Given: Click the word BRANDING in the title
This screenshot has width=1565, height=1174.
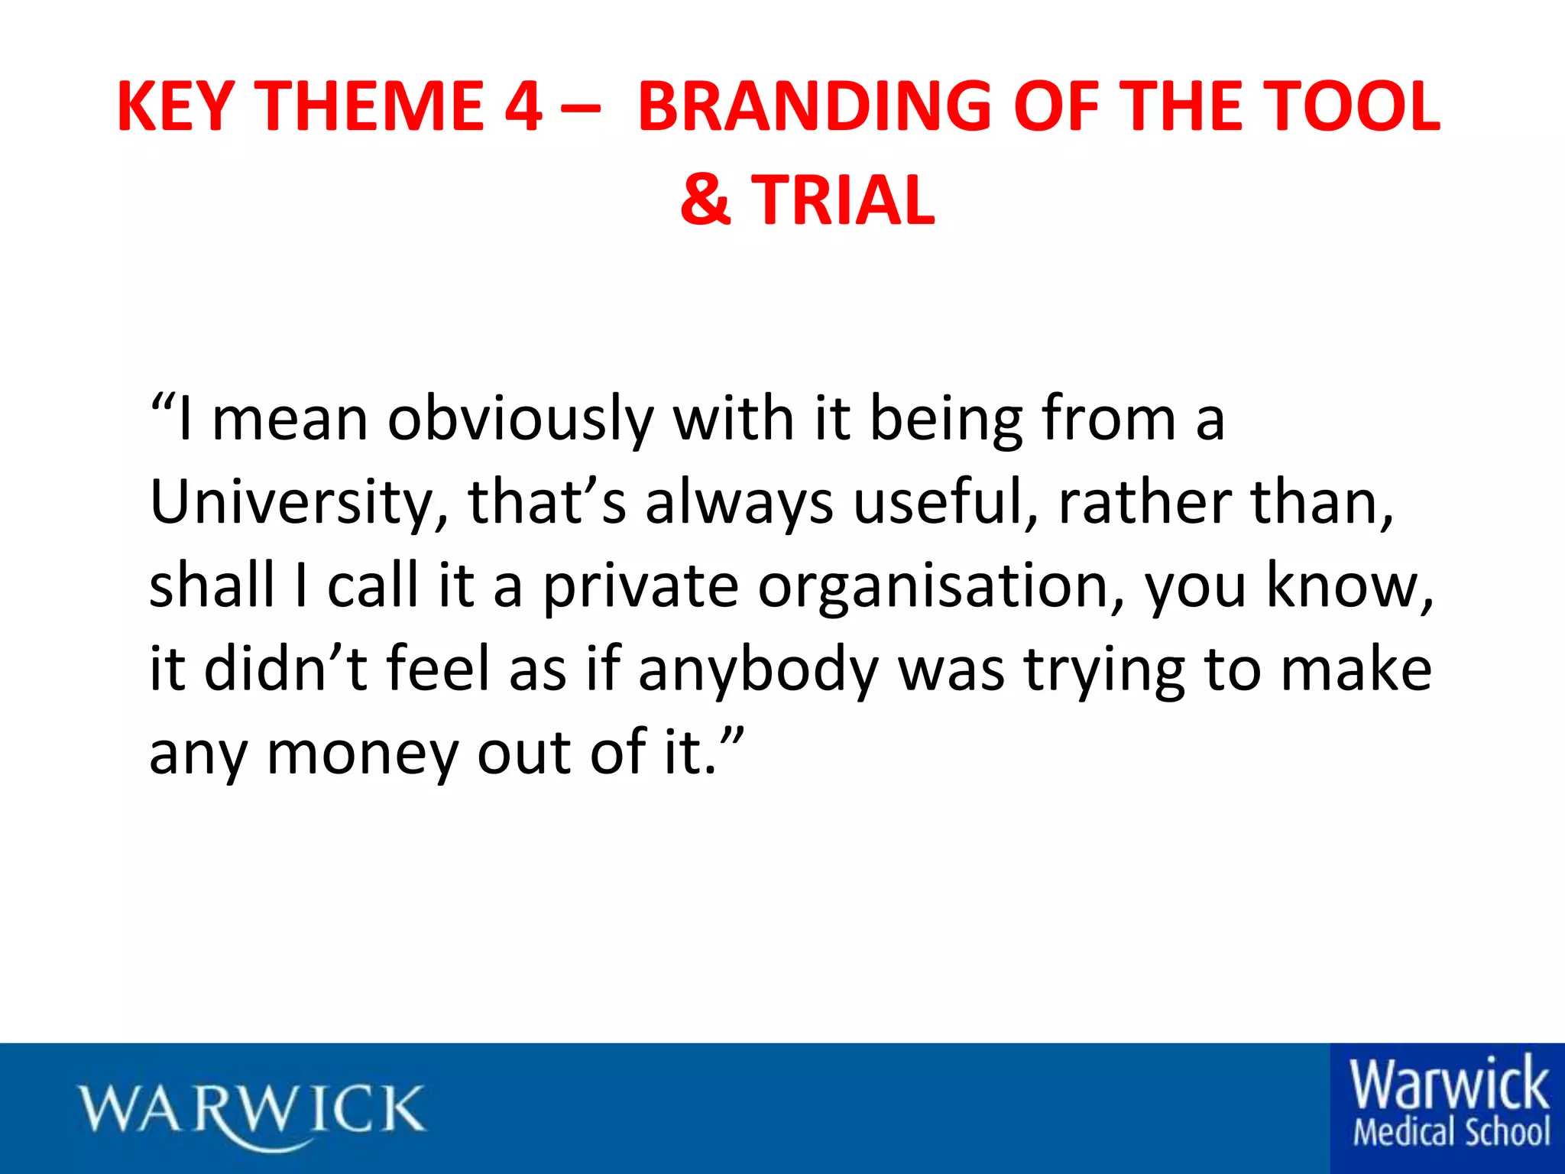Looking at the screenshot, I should pyautogui.click(x=815, y=106).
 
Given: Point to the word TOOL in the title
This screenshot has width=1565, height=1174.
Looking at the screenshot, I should pyautogui.click(x=1349, y=106).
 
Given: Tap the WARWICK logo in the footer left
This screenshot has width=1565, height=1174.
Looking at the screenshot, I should pyautogui.click(x=252, y=1111).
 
